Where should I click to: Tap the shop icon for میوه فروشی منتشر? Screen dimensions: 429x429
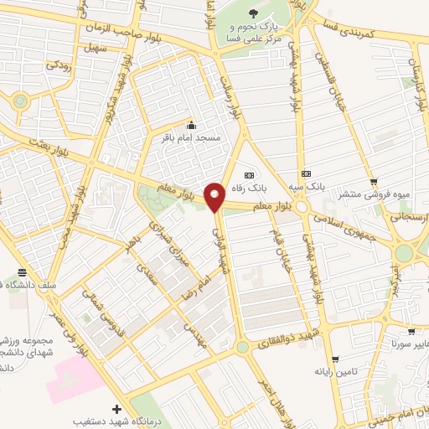[374, 181]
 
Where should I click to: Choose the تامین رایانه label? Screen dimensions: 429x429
[335, 371]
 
